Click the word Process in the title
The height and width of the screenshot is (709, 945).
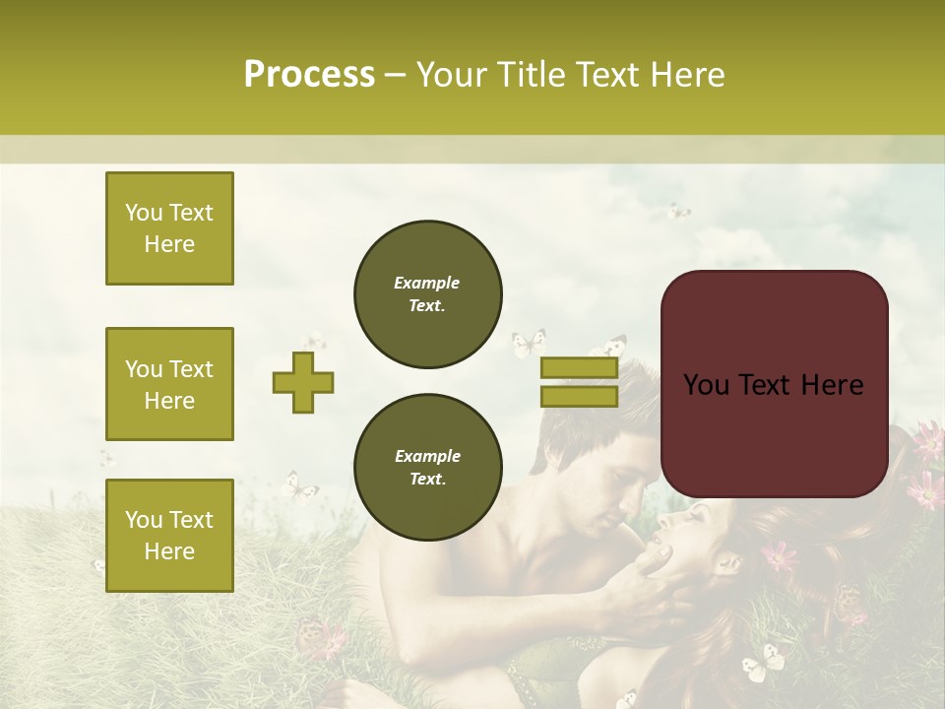pyautogui.click(x=309, y=75)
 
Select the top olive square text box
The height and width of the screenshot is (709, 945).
pyautogui.click(x=169, y=228)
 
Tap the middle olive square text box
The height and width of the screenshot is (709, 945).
pyautogui.click(x=169, y=384)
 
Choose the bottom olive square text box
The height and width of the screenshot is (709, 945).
pyautogui.click(x=169, y=535)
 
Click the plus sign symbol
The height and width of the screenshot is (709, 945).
pyautogui.click(x=303, y=384)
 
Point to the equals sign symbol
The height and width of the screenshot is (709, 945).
pyautogui.click(x=579, y=382)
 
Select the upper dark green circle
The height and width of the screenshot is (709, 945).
pyautogui.click(x=427, y=294)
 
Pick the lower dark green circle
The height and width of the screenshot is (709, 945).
pyautogui.click(x=427, y=467)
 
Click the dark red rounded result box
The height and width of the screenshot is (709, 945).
pyautogui.click(x=774, y=384)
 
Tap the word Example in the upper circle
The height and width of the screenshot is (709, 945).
pyautogui.click(x=426, y=283)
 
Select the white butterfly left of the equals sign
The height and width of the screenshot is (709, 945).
pyautogui.click(x=528, y=344)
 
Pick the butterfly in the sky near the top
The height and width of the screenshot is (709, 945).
pyautogui.click(x=678, y=211)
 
